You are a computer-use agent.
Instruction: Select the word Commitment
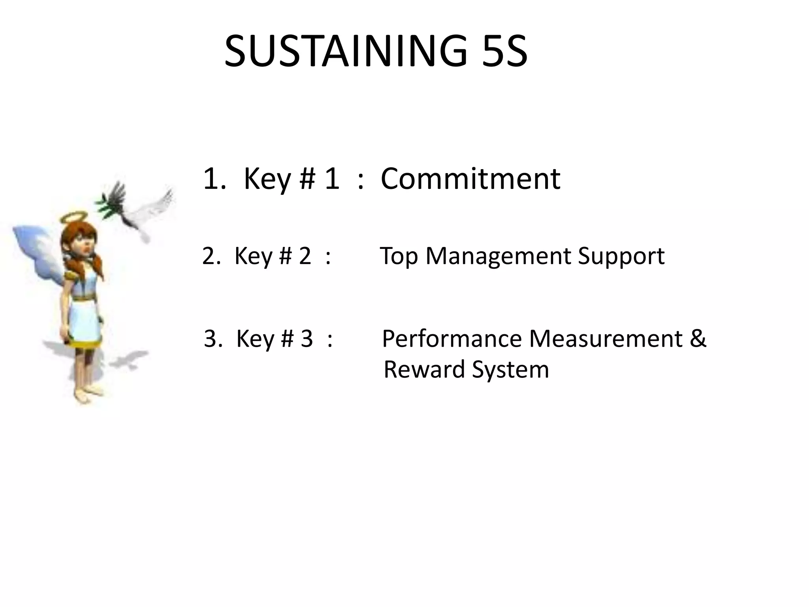point(470,179)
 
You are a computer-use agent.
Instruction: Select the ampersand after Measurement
point(698,339)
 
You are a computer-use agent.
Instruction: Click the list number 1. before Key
point(214,179)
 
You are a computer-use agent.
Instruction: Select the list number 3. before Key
point(213,339)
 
